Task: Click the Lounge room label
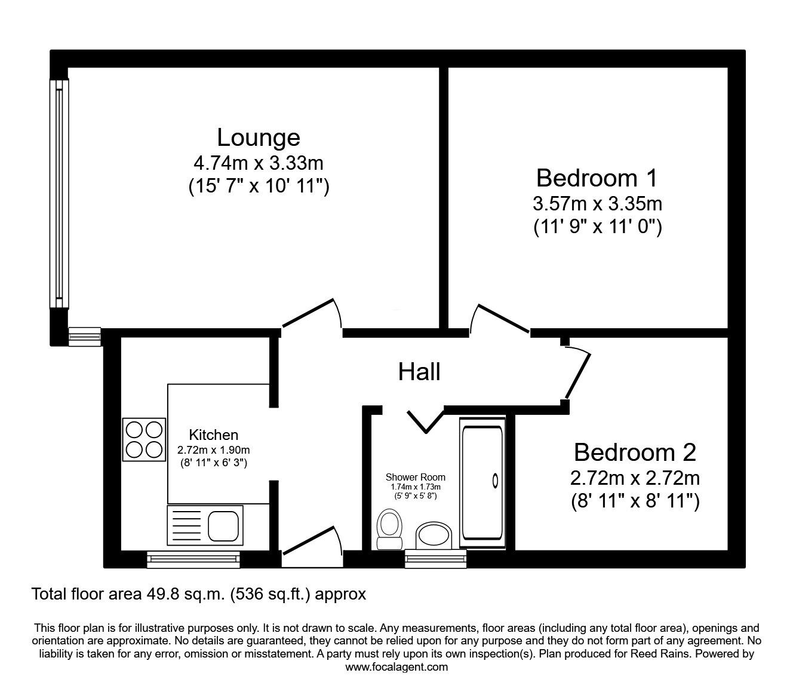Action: point(258,137)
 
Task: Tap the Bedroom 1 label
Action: point(597,178)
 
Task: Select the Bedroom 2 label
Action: point(635,452)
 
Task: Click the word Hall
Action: point(419,372)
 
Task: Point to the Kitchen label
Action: point(213,435)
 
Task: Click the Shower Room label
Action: point(415,477)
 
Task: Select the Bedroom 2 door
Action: point(577,374)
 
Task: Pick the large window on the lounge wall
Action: point(59,193)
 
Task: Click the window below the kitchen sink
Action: point(193,559)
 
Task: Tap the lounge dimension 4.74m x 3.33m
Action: point(258,163)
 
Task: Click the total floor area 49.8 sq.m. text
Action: point(198,594)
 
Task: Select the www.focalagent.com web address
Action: point(396,667)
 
